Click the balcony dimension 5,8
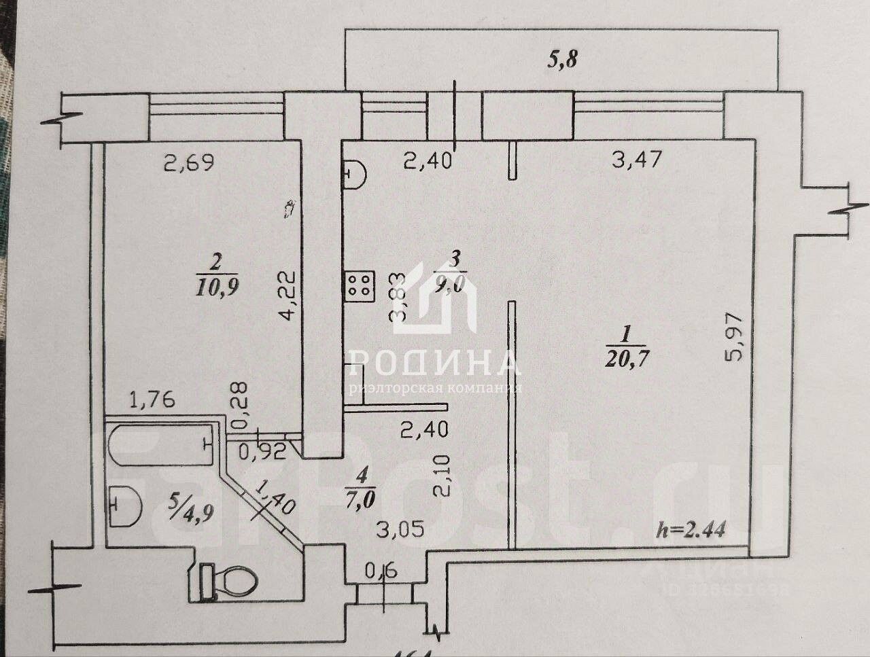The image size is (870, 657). pyautogui.click(x=563, y=60)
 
